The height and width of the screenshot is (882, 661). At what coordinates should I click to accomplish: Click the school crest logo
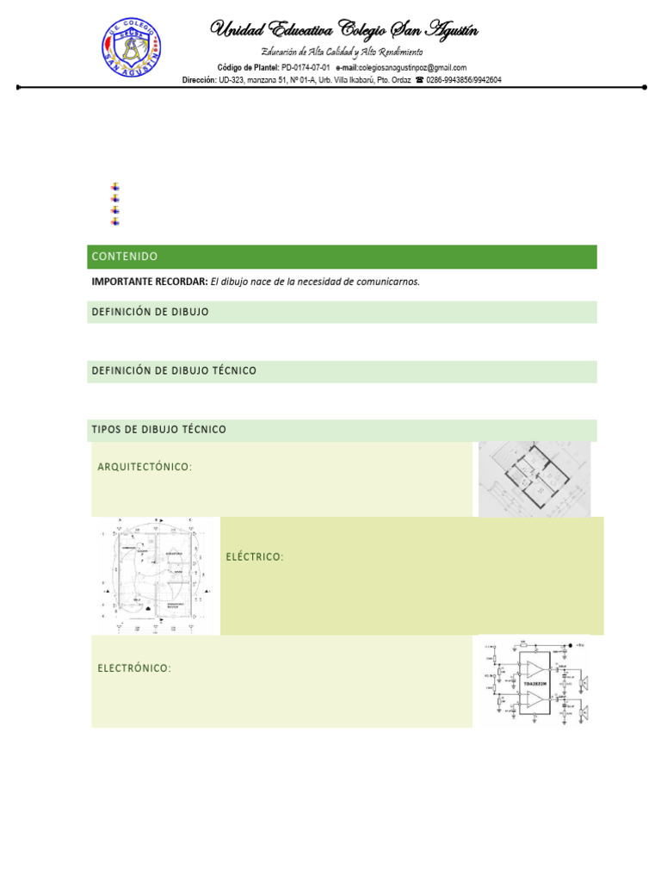pyautogui.click(x=132, y=49)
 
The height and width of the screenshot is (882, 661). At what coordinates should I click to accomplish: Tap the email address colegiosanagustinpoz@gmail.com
pyautogui.click(x=412, y=67)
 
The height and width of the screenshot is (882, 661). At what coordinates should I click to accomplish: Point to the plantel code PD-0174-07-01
pyautogui.click(x=306, y=67)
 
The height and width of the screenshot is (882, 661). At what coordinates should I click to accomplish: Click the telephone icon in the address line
pyautogui.click(x=419, y=80)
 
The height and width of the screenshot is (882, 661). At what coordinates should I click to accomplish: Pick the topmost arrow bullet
pyautogui.click(x=115, y=186)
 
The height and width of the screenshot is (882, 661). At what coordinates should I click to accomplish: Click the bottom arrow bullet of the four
pyautogui.click(x=115, y=221)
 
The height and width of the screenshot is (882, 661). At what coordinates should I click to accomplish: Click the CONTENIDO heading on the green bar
pyautogui.click(x=125, y=257)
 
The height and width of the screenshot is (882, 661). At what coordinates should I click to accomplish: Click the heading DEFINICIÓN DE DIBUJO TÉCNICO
pyautogui.click(x=174, y=370)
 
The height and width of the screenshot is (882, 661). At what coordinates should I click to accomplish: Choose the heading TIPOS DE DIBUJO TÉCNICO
pyautogui.click(x=158, y=429)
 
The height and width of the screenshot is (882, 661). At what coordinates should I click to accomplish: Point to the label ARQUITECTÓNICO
pyautogui.click(x=145, y=467)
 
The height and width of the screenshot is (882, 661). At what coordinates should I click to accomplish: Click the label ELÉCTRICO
pyautogui.click(x=255, y=557)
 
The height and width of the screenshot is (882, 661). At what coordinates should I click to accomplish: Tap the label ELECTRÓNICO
pyautogui.click(x=134, y=668)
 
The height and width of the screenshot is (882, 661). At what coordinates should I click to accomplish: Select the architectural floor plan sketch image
pyautogui.click(x=534, y=479)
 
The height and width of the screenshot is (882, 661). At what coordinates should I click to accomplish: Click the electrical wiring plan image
pyautogui.click(x=155, y=575)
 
